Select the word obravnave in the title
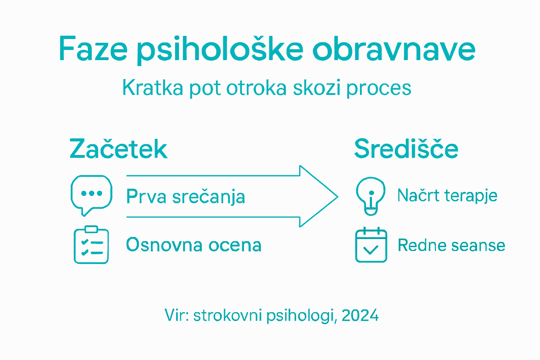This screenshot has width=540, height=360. coord(394,49)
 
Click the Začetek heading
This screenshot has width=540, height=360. coord(118,149)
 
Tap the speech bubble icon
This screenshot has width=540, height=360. coord(91,195)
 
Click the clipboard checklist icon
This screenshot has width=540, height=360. coord(91,245)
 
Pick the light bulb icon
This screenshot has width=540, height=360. coord(371,195)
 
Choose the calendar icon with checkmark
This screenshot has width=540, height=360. coord(371,245)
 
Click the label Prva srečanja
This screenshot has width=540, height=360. coord(185,197)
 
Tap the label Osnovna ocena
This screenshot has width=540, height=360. coord(194,245)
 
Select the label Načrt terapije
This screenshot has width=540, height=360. coord(447,195)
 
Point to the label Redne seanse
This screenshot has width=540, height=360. coord(451,245)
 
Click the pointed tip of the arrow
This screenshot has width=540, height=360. coord(336,197)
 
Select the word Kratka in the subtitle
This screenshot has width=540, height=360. coord(153,88)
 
